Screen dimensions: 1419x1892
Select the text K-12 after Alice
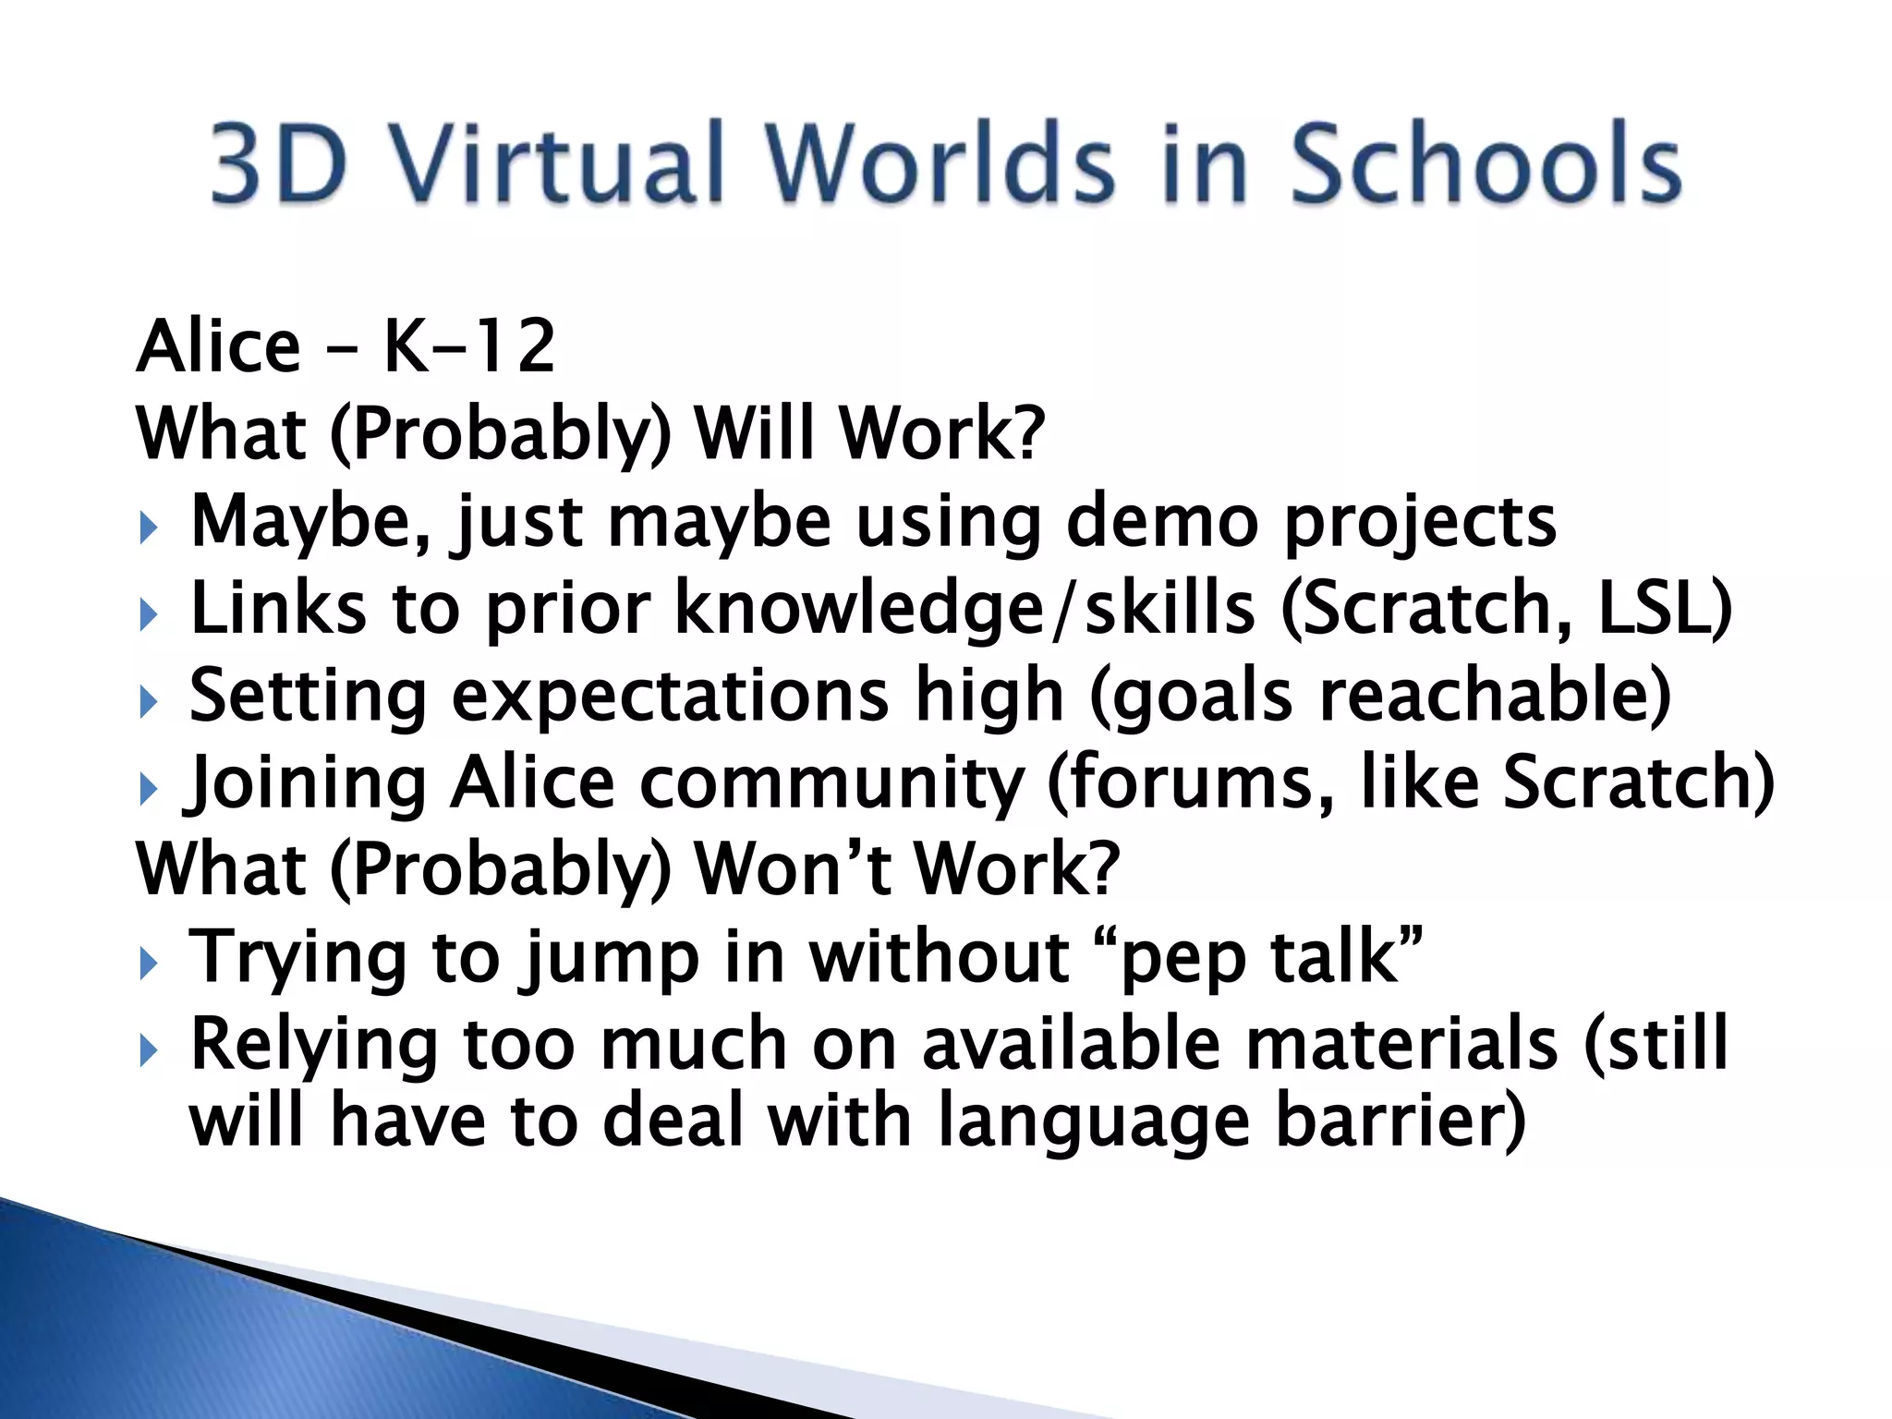(x=468, y=346)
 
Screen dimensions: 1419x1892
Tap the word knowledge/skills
(x=966, y=610)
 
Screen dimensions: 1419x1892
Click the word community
(x=831, y=783)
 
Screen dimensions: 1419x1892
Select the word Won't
(x=793, y=868)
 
